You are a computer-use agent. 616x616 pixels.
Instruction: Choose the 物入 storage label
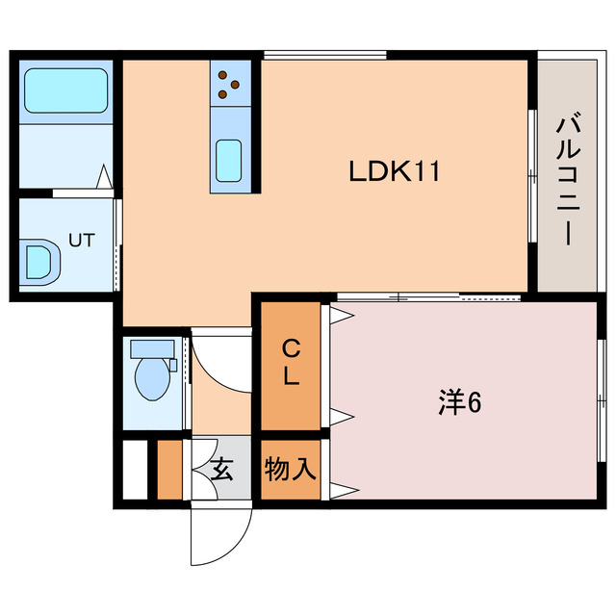tap(291, 470)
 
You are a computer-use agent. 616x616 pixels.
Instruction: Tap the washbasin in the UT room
tap(38, 261)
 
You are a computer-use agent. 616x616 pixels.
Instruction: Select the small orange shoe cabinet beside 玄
tap(169, 470)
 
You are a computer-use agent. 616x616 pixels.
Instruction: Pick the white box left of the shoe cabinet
tap(135, 470)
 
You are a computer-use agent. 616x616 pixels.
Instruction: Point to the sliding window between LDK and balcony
tap(532, 173)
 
